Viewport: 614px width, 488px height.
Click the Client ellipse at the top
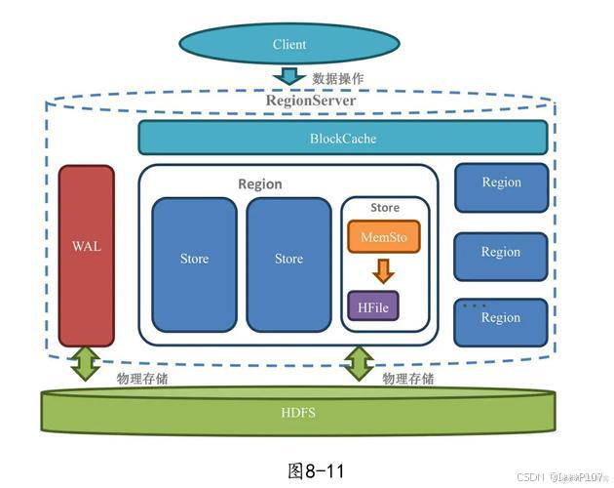pos(289,44)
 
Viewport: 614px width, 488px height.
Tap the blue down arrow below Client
pos(289,76)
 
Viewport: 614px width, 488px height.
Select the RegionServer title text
pos(311,101)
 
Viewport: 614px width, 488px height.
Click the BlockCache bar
pos(342,139)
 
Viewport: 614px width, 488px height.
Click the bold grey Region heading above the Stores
pos(260,183)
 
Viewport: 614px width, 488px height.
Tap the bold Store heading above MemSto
pos(384,207)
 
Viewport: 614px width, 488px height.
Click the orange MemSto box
pos(383,237)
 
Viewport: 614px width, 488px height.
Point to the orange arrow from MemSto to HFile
pos(383,270)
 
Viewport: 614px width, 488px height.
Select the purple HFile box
pos(373,306)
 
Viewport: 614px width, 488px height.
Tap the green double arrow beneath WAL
pos(87,363)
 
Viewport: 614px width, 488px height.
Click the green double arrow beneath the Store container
pos(359,363)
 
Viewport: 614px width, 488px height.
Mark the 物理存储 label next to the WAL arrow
pos(142,379)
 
